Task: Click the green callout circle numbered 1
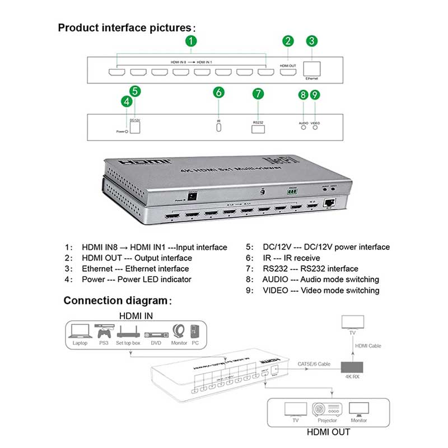192,40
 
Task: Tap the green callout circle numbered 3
312,40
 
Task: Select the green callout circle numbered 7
258,94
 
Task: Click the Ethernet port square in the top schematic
311,68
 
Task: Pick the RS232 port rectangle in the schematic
258,128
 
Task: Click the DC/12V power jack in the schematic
135,127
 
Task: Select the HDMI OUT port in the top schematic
288,71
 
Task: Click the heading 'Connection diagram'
117,301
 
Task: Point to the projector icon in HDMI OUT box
327,409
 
